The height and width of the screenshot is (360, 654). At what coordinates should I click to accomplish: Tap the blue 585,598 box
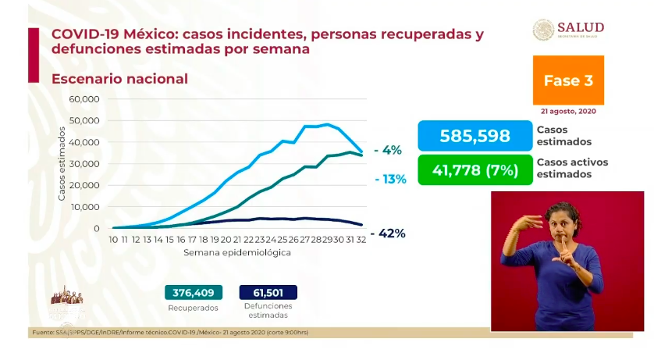[474, 136]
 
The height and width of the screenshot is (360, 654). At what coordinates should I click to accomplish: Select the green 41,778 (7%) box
[474, 170]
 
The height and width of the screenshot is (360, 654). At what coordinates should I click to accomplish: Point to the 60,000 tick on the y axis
[84, 99]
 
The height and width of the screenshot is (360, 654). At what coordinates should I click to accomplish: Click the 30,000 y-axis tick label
[84, 164]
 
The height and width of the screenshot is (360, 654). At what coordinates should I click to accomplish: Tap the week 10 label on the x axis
[113, 240]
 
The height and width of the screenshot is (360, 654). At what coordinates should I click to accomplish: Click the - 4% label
[387, 150]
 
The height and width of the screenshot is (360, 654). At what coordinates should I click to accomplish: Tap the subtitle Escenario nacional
[119, 79]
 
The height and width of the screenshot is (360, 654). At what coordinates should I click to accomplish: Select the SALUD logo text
[581, 28]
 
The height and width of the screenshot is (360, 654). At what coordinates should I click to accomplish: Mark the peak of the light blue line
[326, 123]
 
